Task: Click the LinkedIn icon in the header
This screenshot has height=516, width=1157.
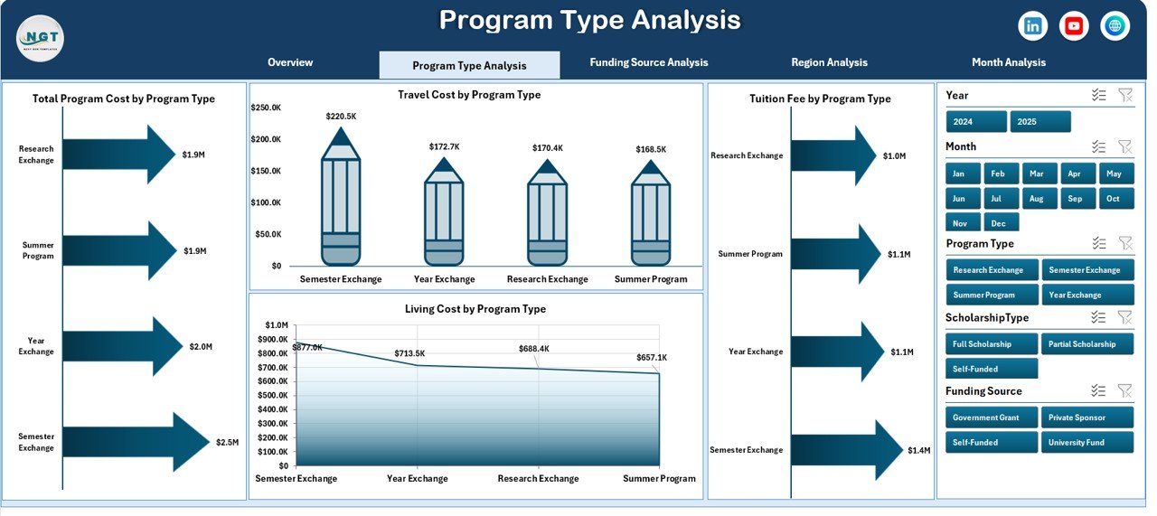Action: click(x=1032, y=26)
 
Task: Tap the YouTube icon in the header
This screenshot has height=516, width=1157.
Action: click(x=1074, y=26)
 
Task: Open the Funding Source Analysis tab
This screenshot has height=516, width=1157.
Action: click(x=648, y=62)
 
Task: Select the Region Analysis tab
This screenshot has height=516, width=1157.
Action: click(x=829, y=62)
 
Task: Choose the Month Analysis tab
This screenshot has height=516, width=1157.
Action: click(x=1009, y=62)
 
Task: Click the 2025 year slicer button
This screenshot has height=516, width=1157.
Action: click(x=1039, y=122)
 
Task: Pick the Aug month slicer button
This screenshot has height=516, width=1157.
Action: click(x=1036, y=199)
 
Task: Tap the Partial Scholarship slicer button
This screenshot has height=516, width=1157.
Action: click(x=1087, y=344)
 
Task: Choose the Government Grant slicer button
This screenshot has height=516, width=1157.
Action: click(x=992, y=417)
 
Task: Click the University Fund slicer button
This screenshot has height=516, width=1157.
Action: click(x=1087, y=443)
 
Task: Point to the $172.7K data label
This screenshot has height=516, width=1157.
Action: click(x=444, y=146)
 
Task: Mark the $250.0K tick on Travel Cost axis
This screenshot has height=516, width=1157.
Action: click(x=266, y=108)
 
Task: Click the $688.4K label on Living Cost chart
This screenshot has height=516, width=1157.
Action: click(x=534, y=348)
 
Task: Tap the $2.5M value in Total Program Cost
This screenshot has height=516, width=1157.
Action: click(x=227, y=443)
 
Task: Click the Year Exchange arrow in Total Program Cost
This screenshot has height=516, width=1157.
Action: click(x=122, y=346)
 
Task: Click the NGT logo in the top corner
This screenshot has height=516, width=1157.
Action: click(x=40, y=39)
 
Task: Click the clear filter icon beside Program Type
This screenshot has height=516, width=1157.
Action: click(x=1124, y=243)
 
